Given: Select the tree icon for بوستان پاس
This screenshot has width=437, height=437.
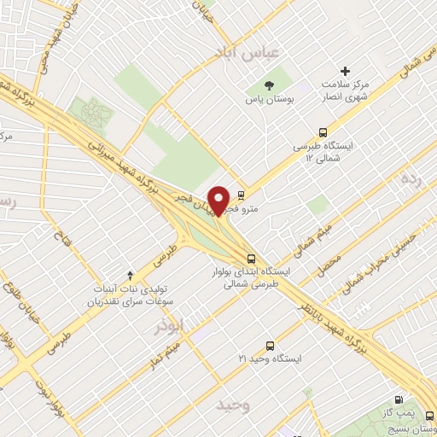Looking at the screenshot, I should click(270, 85).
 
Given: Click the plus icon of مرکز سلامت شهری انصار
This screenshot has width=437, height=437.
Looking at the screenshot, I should click(345, 70).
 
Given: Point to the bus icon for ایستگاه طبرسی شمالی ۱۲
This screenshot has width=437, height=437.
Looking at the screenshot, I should click(323, 132).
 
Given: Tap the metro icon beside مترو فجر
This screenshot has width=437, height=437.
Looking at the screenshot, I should click(242, 194).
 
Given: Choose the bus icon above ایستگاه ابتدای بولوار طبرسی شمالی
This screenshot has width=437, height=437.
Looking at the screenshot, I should click(249, 258).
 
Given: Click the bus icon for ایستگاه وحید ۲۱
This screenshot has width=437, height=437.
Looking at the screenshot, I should click(270, 346).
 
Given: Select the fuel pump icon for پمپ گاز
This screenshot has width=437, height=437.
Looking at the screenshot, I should click(399, 399).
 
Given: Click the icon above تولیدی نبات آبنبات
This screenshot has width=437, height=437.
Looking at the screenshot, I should click(130, 275).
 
